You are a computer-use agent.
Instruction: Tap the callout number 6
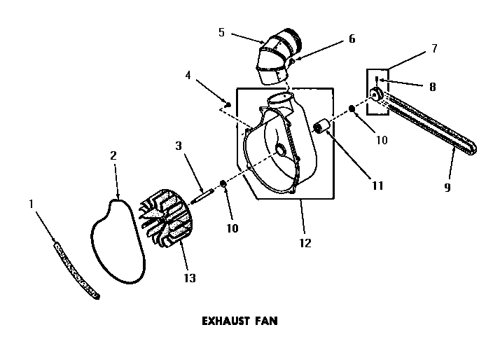tap(352, 39)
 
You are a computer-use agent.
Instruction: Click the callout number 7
tap(434, 48)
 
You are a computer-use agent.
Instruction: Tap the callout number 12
tap(304, 244)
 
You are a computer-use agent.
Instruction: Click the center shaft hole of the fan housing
tap(280, 150)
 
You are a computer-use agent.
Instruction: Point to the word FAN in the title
tap(266, 322)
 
